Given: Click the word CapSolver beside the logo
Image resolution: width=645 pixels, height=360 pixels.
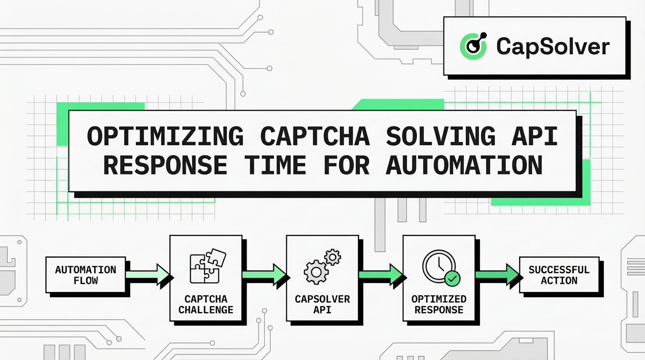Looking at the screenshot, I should click(553, 46).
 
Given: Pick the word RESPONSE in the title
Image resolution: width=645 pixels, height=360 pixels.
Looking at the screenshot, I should click(165, 165).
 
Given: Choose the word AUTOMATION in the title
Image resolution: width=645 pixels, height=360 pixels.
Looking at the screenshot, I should click(464, 165).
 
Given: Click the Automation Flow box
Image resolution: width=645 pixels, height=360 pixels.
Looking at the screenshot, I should click(85, 275).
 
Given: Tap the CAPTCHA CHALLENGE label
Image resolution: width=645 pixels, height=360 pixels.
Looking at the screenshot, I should click(206, 304).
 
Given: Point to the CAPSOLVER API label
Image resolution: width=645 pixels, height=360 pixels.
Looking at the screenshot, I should click(322, 304).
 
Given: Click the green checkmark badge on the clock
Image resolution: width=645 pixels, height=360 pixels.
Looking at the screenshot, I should click(452, 278).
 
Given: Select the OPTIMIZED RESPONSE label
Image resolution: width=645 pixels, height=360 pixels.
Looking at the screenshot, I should click(439, 304).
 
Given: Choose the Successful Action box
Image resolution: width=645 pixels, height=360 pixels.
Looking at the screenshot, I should click(559, 275).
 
